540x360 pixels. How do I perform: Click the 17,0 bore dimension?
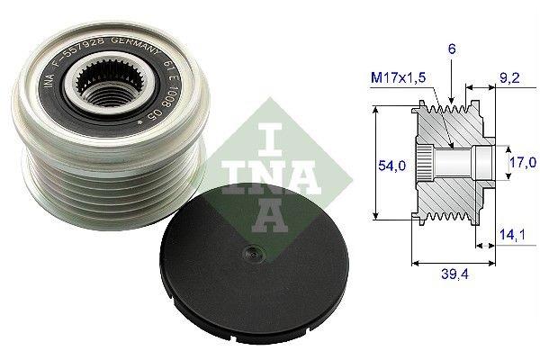[517, 164]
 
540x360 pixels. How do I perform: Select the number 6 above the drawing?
[451, 53]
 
